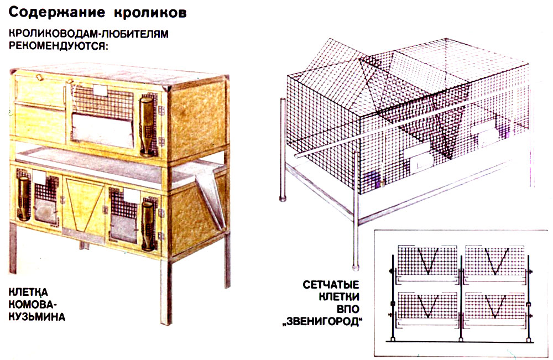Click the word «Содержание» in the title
[57, 12]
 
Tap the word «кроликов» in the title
[150, 12]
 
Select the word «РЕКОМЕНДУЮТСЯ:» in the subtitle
[58, 46]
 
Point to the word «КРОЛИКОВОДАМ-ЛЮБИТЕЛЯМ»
[88, 34]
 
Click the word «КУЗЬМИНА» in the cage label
[37, 316]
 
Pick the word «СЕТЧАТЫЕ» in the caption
[331, 285]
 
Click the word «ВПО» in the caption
[348, 309]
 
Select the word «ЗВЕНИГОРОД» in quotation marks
[323, 322]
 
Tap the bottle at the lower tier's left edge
[23, 197]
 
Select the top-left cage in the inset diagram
[427, 261]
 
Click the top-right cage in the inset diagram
[494, 261]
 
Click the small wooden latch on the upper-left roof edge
[39, 76]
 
